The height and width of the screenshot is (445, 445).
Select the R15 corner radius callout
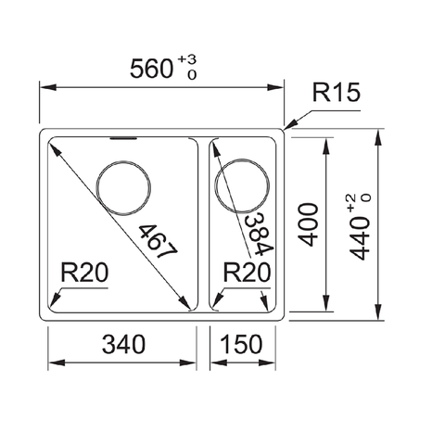[x=336, y=93]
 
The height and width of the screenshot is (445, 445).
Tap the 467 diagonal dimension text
[x=155, y=244]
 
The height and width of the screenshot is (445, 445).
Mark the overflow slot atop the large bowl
[x=121, y=139]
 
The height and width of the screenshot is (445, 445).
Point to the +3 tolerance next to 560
[x=191, y=58]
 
